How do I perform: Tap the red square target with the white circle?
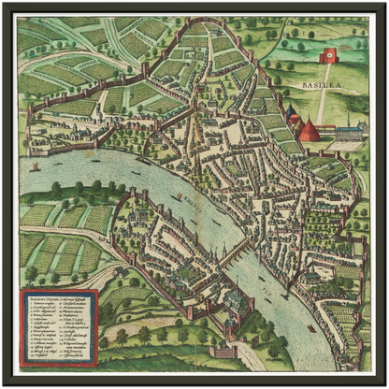[328, 56]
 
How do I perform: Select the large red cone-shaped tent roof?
[309, 131]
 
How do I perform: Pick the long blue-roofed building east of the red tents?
[347, 133]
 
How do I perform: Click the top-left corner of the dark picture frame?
[4, 4]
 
